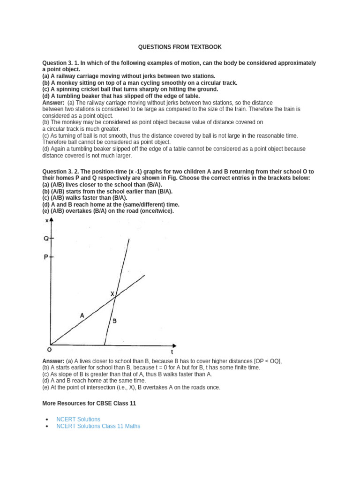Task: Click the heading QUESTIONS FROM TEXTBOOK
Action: (180, 47)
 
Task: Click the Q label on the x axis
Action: (46, 238)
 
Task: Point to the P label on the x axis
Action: (46, 257)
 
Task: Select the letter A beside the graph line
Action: (82, 315)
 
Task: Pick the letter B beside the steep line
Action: (114, 321)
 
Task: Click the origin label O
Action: (49, 350)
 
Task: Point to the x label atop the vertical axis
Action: (46, 220)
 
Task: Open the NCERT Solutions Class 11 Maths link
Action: (98, 426)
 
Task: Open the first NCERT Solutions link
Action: (78, 419)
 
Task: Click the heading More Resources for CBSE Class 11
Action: (89, 403)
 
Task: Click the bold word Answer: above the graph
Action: (53, 102)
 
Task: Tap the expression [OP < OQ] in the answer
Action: (267, 361)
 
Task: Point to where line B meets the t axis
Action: (104, 345)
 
